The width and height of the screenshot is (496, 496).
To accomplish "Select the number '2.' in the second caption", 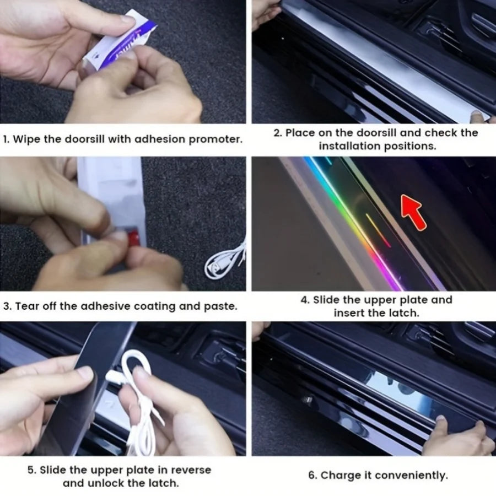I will (x=278, y=133).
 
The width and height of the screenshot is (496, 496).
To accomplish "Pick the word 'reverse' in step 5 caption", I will (x=190, y=470).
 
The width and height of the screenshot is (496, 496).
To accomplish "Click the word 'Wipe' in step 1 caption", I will (x=27, y=139).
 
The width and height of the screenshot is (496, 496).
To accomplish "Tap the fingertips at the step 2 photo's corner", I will (x=478, y=116).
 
